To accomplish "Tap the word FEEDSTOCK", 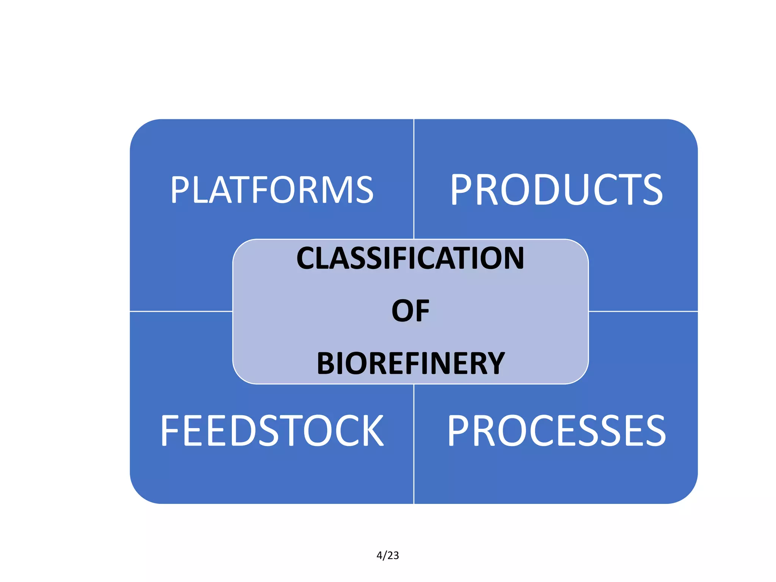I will pos(272,431).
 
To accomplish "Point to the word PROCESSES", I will pos(556,431).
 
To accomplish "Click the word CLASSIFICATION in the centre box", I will pos(410,258).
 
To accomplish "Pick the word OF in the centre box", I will pos(410,311).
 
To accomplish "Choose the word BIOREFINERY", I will pos(410,363).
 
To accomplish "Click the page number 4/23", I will pos(388,555).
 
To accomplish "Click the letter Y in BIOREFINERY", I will pos(493,363).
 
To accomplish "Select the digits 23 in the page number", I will pos(393,555).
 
